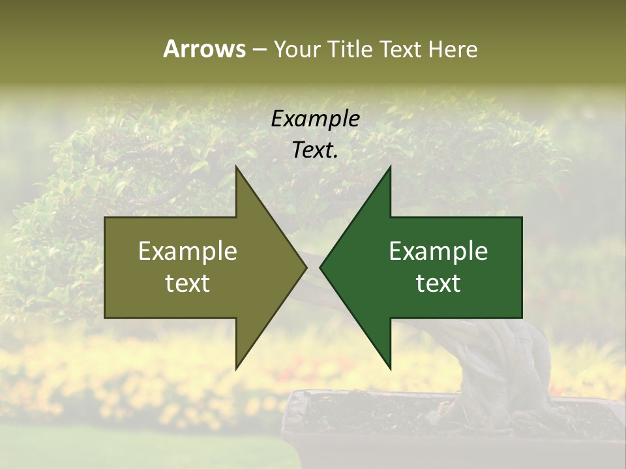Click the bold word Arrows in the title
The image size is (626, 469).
point(204,49)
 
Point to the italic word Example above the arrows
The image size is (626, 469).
point(315,119)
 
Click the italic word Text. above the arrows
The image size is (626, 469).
point(315,150)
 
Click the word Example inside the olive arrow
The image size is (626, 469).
point(188,251)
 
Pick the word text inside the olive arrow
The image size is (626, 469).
point(188,283)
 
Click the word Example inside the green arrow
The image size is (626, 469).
point(438,251)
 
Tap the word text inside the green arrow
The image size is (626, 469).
point(438,283)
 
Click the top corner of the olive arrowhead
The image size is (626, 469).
point(237,167)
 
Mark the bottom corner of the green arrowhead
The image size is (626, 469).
point(390,368)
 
